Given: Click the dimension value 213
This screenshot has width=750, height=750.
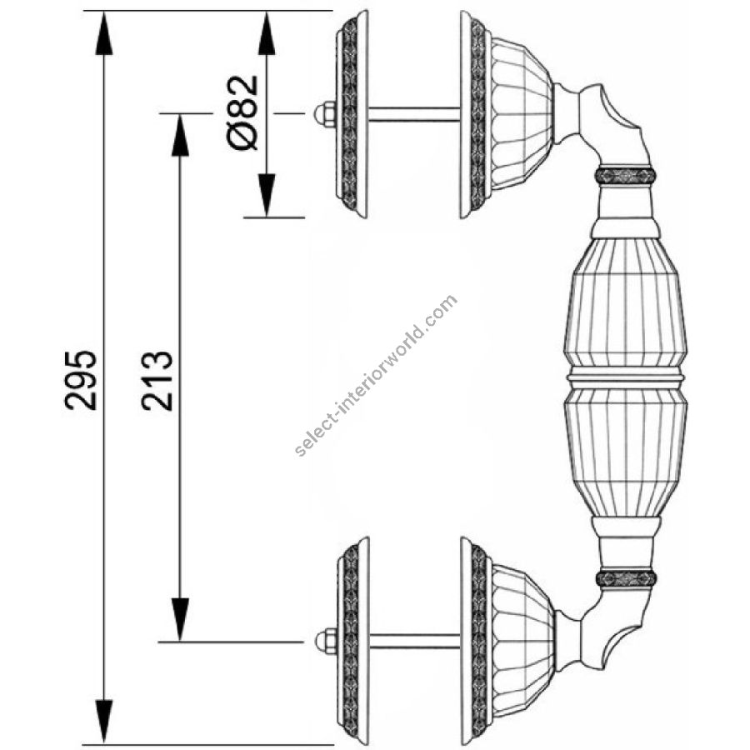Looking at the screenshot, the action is (x=157, y=380).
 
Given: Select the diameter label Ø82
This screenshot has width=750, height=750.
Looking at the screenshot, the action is (x=242, y=112).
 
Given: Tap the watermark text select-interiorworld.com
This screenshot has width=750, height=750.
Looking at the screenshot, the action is (x=377, y=376).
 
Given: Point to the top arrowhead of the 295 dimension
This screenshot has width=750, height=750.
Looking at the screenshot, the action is (x=104, y=33).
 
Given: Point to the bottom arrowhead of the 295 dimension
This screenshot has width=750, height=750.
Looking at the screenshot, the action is (x=104, y=722).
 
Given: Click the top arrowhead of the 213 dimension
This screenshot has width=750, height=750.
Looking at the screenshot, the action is (x=180, y=136).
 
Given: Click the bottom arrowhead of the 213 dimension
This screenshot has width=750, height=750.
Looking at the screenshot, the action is (x=180, y=620).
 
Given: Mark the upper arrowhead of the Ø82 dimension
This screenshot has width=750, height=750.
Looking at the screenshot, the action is (x=267, y=33).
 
